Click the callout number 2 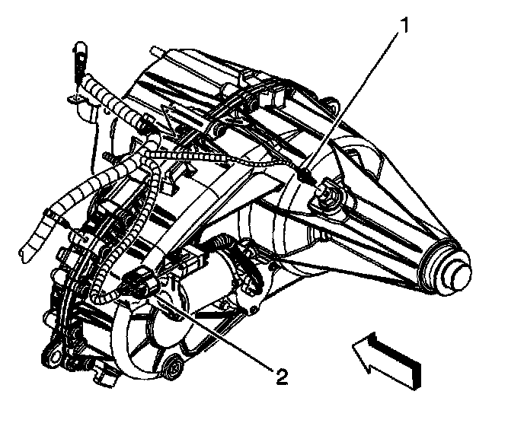click(281, 377)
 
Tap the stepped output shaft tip click(454, 270)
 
